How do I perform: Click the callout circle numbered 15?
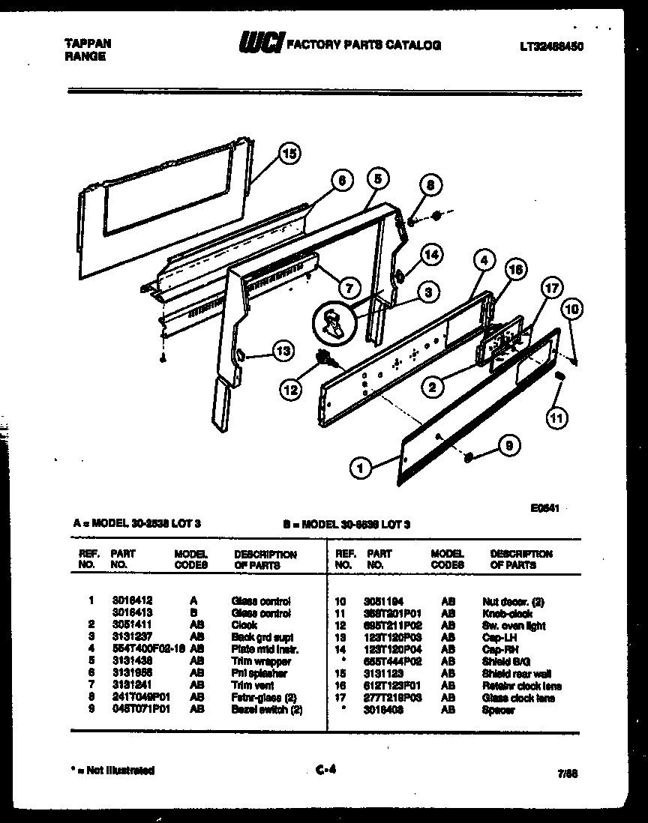(x=289, y=154)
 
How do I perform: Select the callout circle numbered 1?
(x=361, y=468)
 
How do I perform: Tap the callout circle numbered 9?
(x=509, y=446)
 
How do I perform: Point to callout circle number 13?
(x=282, y=350)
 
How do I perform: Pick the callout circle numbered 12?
(x=290, y=388)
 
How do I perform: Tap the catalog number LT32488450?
(x=551, y=46)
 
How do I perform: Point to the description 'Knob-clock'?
(x=507, y=613)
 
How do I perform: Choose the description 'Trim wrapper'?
(x=260, y=661)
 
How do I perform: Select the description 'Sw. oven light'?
(x=512, y=625)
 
